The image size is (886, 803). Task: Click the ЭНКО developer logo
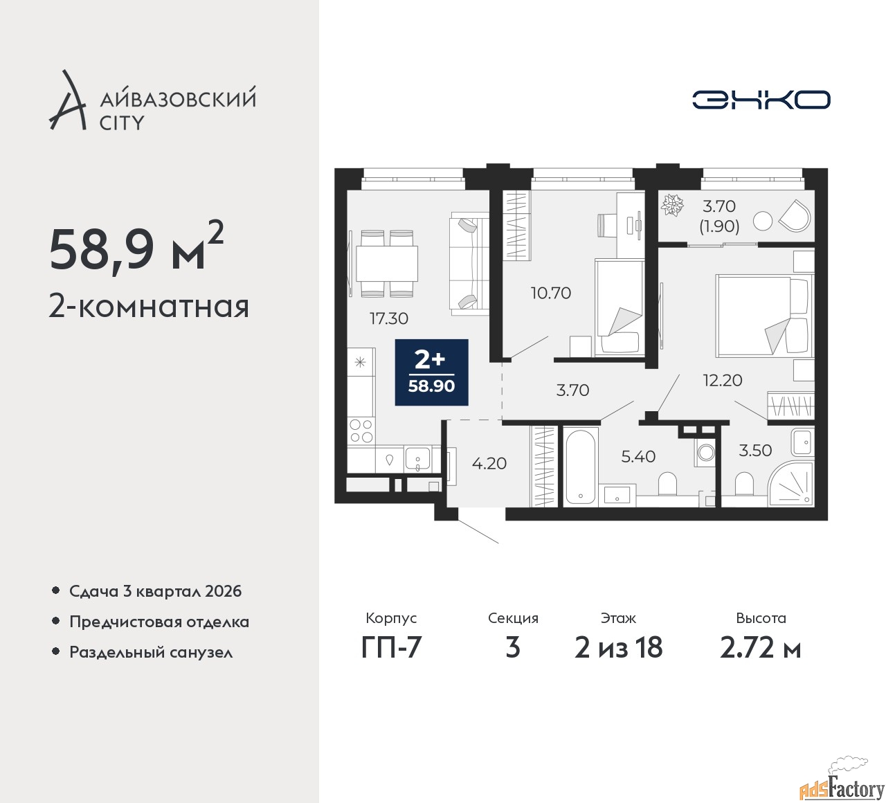[x=761, y=100]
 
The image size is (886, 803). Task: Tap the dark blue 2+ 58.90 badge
[x=431, y=372]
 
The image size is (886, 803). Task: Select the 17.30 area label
[x=389, y=318]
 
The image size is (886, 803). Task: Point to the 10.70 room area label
[x=551, y=293]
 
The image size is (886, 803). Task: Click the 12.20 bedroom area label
[x=723, y=380]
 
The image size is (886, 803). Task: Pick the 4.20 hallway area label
[x=489, y=463]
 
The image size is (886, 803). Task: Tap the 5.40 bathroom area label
[x=638, y=456]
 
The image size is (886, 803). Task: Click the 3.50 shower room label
[x=755, y=451]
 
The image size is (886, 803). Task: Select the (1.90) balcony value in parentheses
[x=719, y=226]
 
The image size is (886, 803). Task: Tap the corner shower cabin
[x=790, y=485]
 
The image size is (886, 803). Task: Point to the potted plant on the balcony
[x=672, y=206]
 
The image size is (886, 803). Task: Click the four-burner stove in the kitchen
[x=361, y=431]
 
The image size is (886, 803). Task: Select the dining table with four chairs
[x=387, y=263]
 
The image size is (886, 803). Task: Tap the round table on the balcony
[x=762, y=221]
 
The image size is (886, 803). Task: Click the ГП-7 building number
[x=391, y=649]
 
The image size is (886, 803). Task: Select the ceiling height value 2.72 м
[x=761, y=649]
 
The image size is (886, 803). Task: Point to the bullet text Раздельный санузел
[x=151, y=652]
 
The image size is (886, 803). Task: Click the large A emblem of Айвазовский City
[x=66, y=100]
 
